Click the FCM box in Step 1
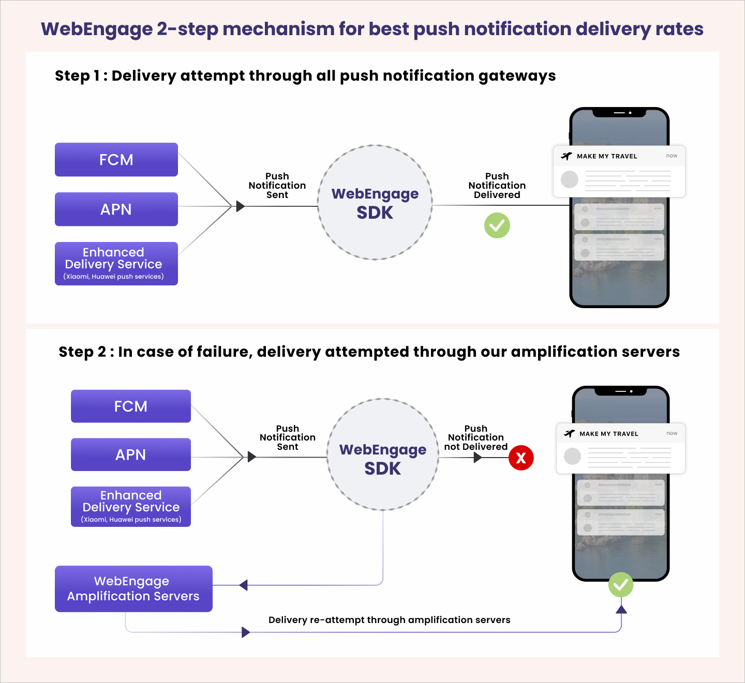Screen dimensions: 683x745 click(116, 160)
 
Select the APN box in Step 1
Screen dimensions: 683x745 click(116, 209)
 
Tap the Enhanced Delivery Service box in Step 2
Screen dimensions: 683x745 click(130, 507)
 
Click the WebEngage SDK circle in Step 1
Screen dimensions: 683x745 click(375, 203)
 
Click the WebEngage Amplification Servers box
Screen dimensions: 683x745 click(133, 589)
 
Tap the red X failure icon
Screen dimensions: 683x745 click(521, 458)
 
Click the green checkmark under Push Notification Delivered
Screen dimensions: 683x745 click(497, 225)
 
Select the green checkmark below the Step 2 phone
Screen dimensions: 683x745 click(621, 585)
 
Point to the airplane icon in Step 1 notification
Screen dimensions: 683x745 click(567, 156)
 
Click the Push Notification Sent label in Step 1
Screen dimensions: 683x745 click(277, 186)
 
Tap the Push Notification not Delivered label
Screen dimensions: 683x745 click(475, 438)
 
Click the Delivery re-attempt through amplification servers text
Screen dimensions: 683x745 click(389, 620)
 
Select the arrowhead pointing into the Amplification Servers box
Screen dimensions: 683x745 click(244, 585)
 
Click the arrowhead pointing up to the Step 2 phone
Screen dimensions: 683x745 click(621, 609)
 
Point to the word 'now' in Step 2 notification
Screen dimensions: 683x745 click(672, 433)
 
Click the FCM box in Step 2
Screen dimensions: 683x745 click(130, 406)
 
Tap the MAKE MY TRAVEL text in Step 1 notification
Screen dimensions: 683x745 click(607, 156)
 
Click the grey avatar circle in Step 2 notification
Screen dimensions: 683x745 click(572, 457)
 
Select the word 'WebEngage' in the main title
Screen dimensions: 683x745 click(96, 29)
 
